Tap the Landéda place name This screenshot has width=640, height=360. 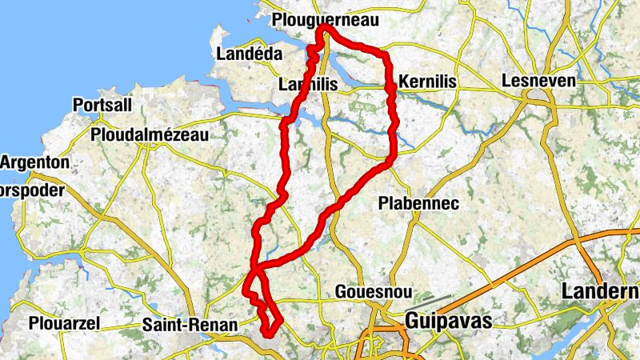coord(250,54)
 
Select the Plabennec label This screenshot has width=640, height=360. coord(419,203)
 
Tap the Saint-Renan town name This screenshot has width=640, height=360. coord(190,325)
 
